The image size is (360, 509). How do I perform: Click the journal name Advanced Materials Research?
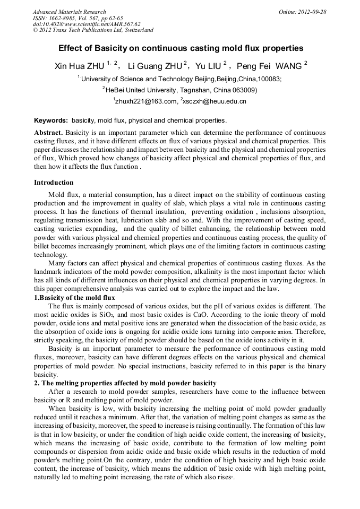click(x=69, y=12)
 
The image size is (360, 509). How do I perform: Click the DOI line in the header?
click(x=87, y=24)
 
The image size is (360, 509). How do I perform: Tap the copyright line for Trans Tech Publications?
click(x=93, y=30)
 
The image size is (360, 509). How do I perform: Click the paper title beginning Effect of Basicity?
click(x=181, y=48)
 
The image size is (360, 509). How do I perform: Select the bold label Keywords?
click(x=51, y=120)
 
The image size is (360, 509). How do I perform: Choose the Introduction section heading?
click(x=54, y=183)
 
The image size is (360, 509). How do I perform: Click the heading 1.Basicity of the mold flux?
click(x=74, y=298)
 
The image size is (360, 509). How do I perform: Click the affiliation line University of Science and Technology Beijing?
click(x=181, y=79)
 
